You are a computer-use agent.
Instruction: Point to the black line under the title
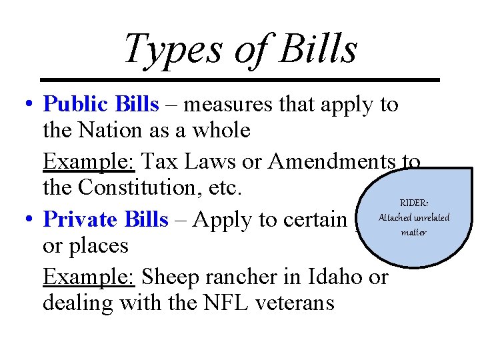(x=240, y=80)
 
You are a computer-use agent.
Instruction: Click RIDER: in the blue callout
(x=413, y=203)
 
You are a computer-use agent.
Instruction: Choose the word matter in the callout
(x=413, y=232)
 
